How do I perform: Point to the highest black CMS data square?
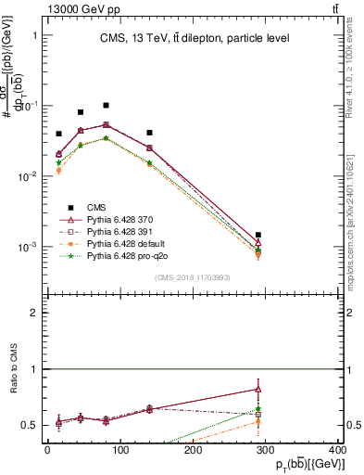coord(107,106)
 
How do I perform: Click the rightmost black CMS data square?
coord(258,236)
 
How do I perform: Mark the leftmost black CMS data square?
coord(59,134)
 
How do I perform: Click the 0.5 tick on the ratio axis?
coord(33,425)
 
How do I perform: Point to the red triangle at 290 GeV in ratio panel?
coord(258,390)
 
